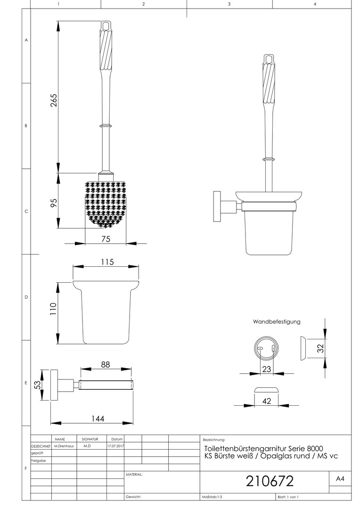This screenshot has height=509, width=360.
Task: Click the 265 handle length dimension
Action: coord(54,100)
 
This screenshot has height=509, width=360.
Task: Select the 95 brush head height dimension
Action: coord(54,203)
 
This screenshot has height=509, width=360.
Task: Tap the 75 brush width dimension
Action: coord(106,239)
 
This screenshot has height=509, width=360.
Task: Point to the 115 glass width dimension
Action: coord(107,262)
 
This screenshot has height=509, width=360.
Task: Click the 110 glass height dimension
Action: coord(54,309)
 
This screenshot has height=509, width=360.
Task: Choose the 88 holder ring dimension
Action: coord(106,364)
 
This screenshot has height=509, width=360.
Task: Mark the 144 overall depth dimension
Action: coord(98,419)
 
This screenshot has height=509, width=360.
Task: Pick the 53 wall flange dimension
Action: coord(38,385)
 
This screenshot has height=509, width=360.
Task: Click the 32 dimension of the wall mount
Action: coord(321,348)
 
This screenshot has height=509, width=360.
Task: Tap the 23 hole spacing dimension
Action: coord(267,369)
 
